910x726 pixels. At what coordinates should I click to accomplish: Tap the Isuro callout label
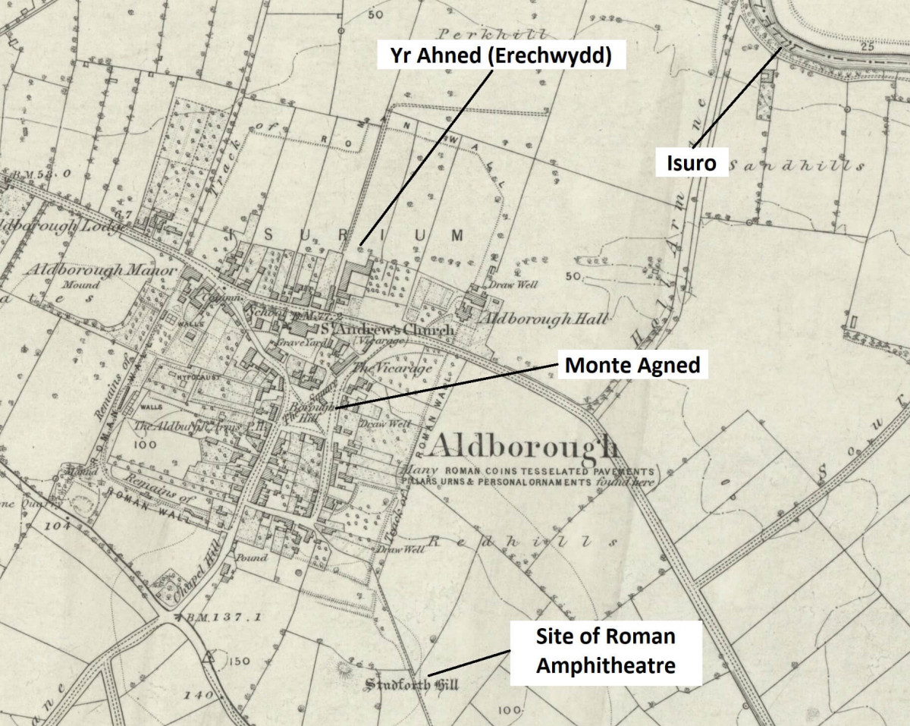pyautogui.click(x=689, y=162)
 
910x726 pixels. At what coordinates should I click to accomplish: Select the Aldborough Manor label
pyautogui.click(x=102, y=270)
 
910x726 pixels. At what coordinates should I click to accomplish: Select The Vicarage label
pyautogui.click(x=392, y=368)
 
